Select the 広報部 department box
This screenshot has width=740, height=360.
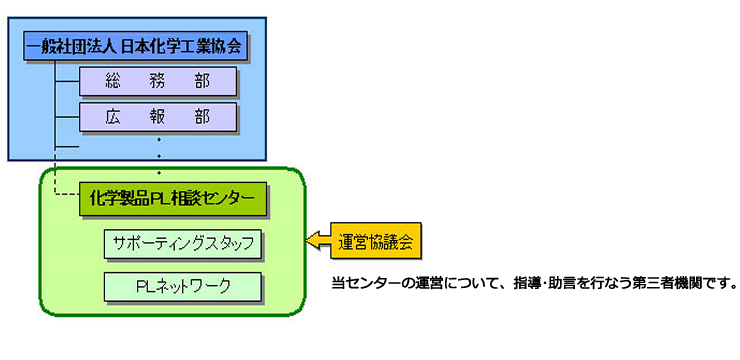coord(157,117)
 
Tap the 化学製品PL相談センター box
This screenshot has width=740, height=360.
coord(171,198)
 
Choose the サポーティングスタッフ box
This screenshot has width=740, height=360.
coord(182,243)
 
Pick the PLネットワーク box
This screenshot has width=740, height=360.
coord(182,286)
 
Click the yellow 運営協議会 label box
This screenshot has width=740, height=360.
coord(373,241)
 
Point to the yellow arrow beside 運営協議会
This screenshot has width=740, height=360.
coord(319,241)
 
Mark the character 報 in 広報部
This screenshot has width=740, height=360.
coord(157,117)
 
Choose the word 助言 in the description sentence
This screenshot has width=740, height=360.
coord(559,283)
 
